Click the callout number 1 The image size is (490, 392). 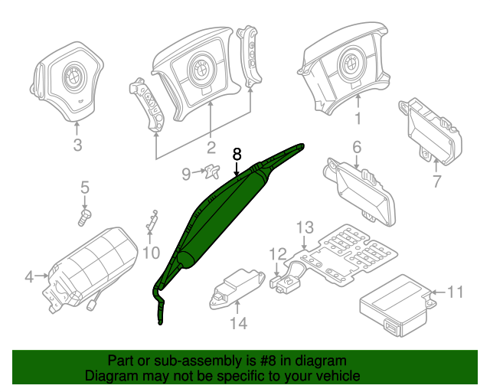coord(358,119)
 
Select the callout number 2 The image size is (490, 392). coord(211,146)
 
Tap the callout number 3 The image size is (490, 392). coord(77,146)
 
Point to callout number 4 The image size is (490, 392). coord(29,276)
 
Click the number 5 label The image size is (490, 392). coord(85,186)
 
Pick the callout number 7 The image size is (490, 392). coord(436,181)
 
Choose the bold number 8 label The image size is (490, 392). coord(237,153)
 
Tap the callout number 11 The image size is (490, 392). coord(456,292)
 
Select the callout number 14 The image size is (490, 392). coord(240,324)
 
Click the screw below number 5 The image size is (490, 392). coord(84,217)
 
